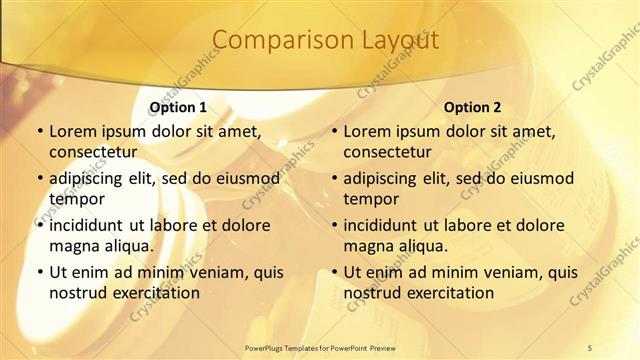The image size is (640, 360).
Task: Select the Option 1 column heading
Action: click(178, 107)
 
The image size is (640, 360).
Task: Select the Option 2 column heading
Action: click(472, 107)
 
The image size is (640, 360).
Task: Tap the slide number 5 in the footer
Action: click(590, 347)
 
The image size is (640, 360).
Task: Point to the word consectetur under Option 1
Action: click(92, 152)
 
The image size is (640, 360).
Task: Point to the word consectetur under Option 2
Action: click(387, 152)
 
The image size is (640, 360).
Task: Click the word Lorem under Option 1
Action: click(73, 131)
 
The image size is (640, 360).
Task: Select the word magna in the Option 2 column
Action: click(370, 246)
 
